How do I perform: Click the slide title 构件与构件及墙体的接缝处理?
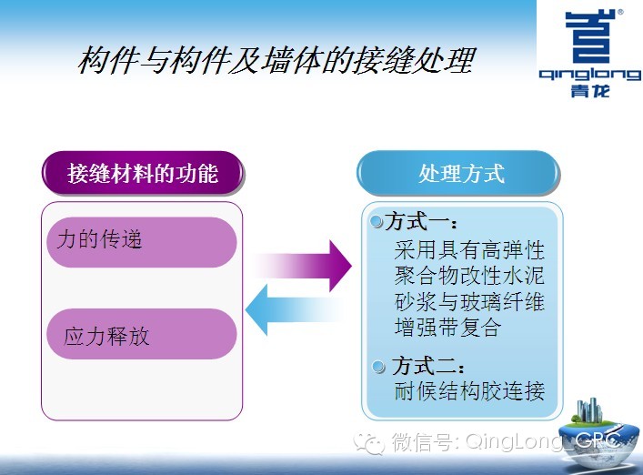(276, 60)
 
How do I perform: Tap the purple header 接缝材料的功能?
(143, 173)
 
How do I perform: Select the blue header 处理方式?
(458, 173)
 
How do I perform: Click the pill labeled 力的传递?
(142, 242)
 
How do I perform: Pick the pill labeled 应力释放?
(142, 334)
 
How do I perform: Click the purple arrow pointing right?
(304, 266)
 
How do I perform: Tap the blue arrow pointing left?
(294, 309)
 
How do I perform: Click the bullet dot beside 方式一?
(376, 221)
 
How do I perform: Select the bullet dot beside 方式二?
(378, 366)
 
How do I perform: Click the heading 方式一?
(421, 222)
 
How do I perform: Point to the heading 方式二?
(428, 366)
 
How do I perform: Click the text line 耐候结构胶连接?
(469, 391)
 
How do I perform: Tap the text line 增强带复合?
(447, 328)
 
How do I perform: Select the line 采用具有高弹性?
(469, 250)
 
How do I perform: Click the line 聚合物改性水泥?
(469, 276)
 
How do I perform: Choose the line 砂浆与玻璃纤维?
(469, 302)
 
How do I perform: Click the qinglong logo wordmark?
(590, 76)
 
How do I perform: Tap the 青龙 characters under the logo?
(590, 91)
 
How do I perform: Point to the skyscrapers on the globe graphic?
(589, 409)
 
